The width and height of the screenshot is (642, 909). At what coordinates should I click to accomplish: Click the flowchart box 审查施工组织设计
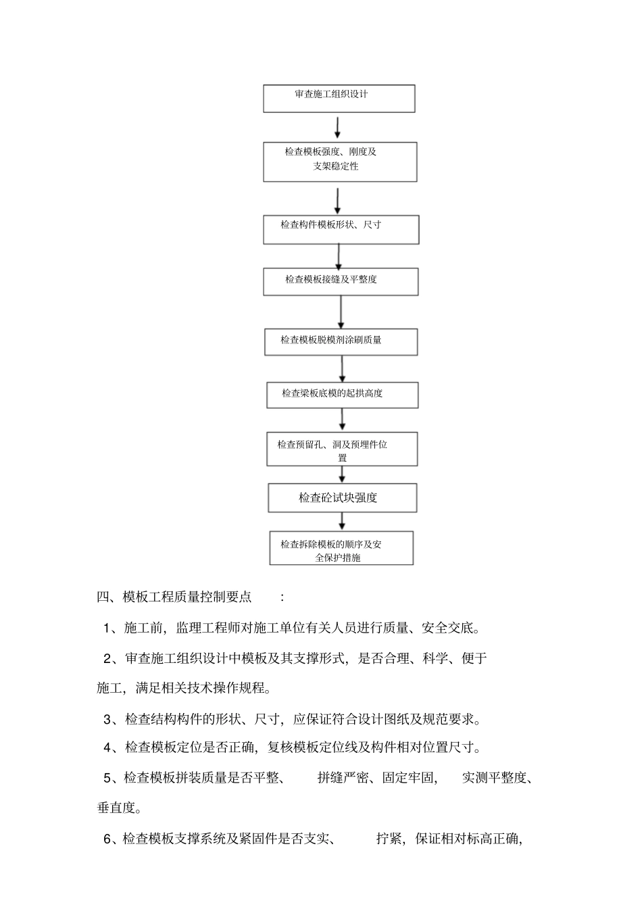tap(339, 98)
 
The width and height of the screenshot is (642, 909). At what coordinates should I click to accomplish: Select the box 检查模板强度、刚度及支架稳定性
tap(340, 162)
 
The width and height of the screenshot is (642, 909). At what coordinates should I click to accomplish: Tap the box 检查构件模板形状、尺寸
tap(341, 229)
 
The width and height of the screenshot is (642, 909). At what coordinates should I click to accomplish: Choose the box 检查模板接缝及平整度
tap(341, 281)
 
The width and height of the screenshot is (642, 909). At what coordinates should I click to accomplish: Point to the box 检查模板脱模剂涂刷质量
tap(341, 342)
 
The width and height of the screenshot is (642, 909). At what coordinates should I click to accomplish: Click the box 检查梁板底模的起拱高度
tap(341, 395)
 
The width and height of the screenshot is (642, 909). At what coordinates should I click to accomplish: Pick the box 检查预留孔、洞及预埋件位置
tap(342, 449)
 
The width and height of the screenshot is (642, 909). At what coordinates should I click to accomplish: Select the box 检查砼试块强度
tap(342, 498)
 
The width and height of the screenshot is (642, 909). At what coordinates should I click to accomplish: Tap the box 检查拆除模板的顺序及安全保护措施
tap(341, 548)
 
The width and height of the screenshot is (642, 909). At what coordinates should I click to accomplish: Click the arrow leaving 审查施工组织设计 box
tap(337, 127)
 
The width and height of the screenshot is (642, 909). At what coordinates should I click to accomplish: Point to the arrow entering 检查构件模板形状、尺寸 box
tap(338, 201)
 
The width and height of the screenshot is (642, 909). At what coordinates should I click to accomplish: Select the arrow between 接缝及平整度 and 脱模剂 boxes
tap(341, 312)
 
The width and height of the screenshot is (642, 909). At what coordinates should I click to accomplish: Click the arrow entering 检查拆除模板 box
tap(342, 521)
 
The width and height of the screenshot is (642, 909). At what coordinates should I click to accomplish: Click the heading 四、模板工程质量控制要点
tap(174, 597)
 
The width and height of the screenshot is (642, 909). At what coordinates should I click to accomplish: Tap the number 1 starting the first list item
tap(107, 629)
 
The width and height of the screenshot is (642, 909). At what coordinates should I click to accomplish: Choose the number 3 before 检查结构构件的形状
tap(107, 719)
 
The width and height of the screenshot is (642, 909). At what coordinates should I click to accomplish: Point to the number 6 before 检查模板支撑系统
tap(107, 839)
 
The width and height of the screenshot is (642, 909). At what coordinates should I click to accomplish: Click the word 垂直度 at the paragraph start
tap(116, 807)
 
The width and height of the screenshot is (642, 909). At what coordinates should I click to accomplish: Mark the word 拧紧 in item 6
tap(389, 839)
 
